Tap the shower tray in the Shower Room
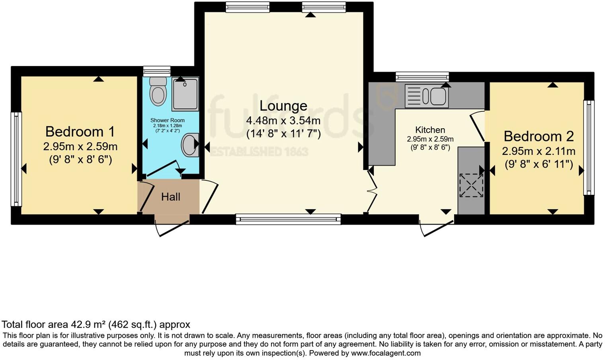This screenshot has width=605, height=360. click(x=185, y=94)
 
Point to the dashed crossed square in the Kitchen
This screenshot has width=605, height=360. click(x=471, y=186)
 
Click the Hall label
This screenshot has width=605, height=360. click(x=171, y=197)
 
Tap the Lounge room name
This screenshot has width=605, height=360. click(x=283, y=106)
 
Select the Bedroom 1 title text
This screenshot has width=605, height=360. click(x=80, y=132)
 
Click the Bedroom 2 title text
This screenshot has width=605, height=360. click(x=539, y=136)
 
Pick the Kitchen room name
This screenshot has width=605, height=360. click(x=430, y=130)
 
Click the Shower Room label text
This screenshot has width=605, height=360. click(x=168, y=120)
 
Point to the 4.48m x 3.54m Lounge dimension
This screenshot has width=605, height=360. click(x=283, y=121)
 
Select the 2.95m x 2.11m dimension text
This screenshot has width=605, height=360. click(x=539, y=151)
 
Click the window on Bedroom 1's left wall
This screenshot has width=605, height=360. click(x=16, y=159)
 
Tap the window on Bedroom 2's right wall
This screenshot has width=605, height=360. click(x=589, y=148)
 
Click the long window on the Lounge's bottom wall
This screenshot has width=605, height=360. click(x=289, y=219)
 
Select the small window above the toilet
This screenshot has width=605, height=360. click(x=157, y=72)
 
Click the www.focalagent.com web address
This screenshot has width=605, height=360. click(x=386, y=353)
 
